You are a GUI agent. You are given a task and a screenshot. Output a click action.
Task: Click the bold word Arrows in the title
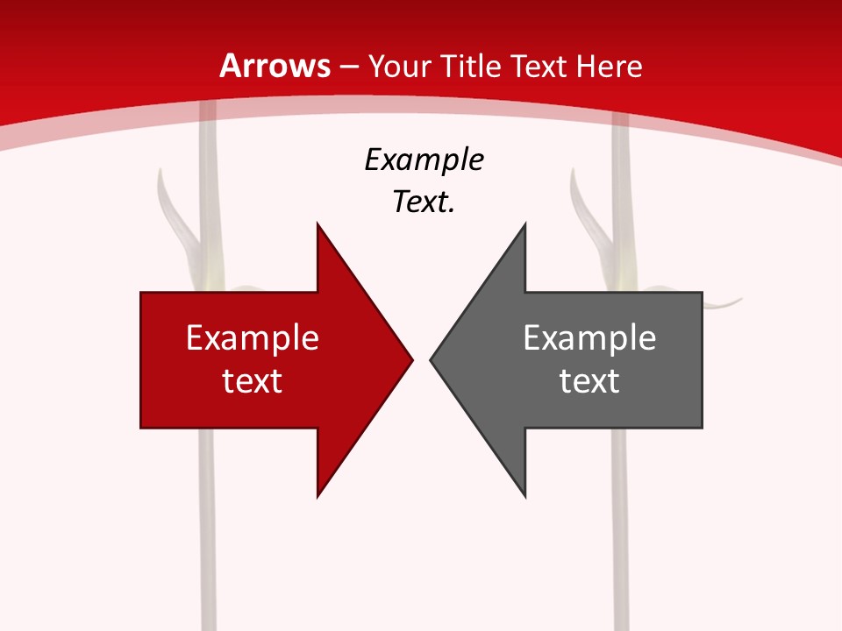point(275,66)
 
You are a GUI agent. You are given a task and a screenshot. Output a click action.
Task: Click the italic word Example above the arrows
point(424,160)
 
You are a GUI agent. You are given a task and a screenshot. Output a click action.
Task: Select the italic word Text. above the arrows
point(424,202)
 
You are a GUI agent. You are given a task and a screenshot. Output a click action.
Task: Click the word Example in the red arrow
point(253,337)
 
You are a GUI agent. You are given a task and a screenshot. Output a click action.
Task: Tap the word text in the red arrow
point(253,380)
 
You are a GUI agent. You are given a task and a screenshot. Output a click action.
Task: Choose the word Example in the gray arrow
point(589,337)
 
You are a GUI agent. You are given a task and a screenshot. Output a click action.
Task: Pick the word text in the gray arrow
point(589,380)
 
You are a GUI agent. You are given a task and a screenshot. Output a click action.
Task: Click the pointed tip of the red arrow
point(411,359)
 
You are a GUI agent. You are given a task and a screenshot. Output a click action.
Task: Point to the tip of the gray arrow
point(431,359)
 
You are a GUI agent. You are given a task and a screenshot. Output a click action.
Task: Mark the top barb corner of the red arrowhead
point(318,224)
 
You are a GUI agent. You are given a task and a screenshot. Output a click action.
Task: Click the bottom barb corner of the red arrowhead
point(318,496)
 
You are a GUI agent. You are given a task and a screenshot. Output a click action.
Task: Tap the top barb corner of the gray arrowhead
point(524,224)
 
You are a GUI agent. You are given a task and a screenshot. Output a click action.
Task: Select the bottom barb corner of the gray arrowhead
point(524,496)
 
